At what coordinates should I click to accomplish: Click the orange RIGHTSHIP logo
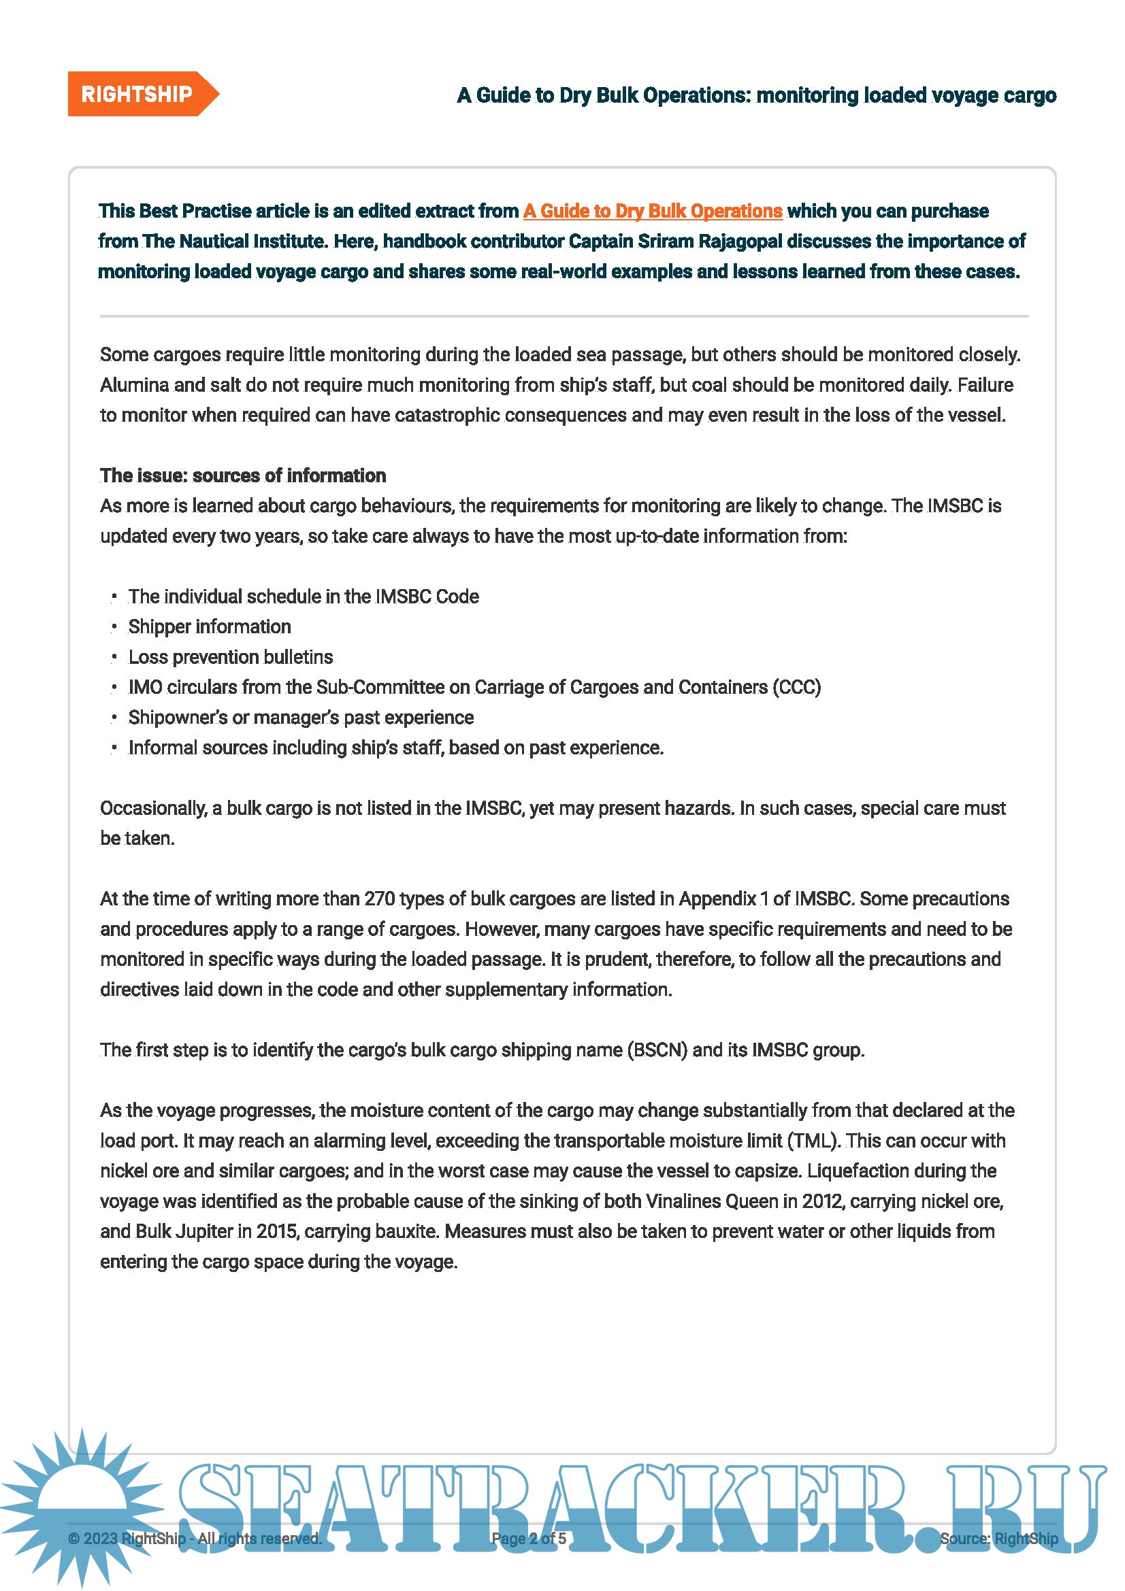138,95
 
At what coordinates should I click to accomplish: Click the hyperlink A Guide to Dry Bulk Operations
652,211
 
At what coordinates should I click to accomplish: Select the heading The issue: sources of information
242,475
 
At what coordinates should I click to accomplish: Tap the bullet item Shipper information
210,626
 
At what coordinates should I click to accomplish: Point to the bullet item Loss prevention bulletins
230,657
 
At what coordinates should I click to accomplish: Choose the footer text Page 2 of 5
528,1539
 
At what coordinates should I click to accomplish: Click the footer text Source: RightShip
998,1539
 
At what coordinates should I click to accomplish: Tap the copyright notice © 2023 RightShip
127,1539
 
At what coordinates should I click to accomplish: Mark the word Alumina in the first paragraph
133,385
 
